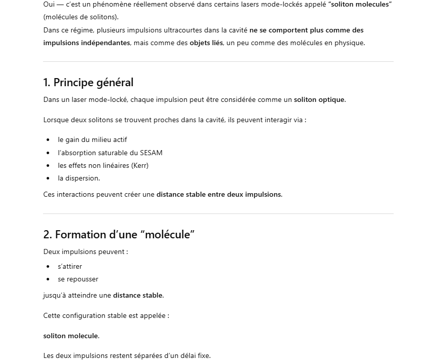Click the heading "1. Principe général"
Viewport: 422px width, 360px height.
tap(88, 82)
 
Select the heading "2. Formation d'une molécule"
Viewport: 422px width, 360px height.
tap(119, 234)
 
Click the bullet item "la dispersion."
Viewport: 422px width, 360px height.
tap(79, 178)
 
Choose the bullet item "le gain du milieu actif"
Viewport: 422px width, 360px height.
tap(92, 139)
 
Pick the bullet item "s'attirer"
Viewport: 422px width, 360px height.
tap(70, 266)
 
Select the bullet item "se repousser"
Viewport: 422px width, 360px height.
tap(78, 279)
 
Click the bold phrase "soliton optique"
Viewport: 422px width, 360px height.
tap(319, 99)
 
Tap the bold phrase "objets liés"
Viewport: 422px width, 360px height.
tap(206, 43)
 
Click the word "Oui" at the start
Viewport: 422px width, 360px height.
tap(49, 4)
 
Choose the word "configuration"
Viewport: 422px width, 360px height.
tap(84, 315)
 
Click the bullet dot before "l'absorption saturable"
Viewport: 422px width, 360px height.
tap(48, 153)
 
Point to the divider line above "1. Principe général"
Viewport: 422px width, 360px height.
tap(218, 62)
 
